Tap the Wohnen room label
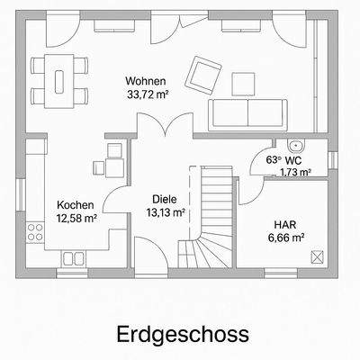coord(145,81)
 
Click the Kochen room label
coord(75,204)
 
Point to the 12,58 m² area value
coord(76,217)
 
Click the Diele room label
coord(165,200)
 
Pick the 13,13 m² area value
coord(165,212)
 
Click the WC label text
coord(295,159)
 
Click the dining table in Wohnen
coord(60,79)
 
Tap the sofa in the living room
coord(247,113)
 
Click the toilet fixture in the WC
coord(297,145)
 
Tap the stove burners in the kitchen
coord(35,231)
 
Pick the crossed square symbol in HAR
coord(317,256)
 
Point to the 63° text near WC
coord(274,159)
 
